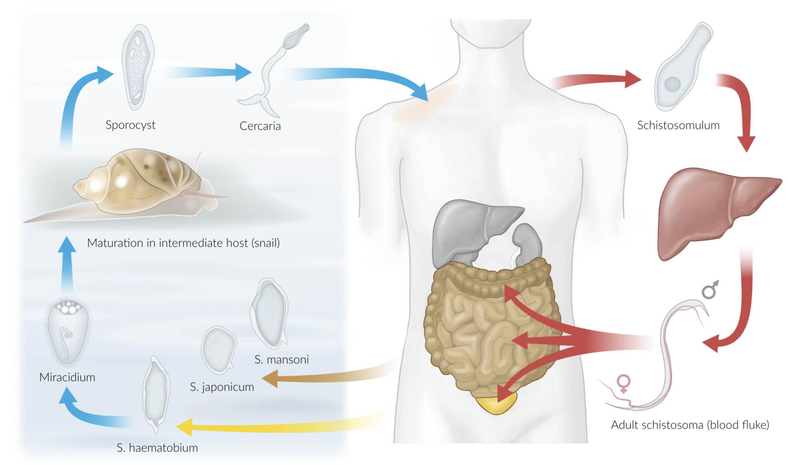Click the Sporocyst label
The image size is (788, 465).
click(x=130, y=125)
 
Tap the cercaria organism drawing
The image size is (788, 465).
click(x=272, y=71)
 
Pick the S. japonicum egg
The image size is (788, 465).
click(x=219, y=349)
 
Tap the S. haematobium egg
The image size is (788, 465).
click(x=157, y=392)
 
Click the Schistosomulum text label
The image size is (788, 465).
click(x=679, y=125)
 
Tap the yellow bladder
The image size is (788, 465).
click(x=496, y=405)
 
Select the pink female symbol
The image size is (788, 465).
click(x=622, y=384)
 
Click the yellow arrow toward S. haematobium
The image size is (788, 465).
click(x=278, y=424)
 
